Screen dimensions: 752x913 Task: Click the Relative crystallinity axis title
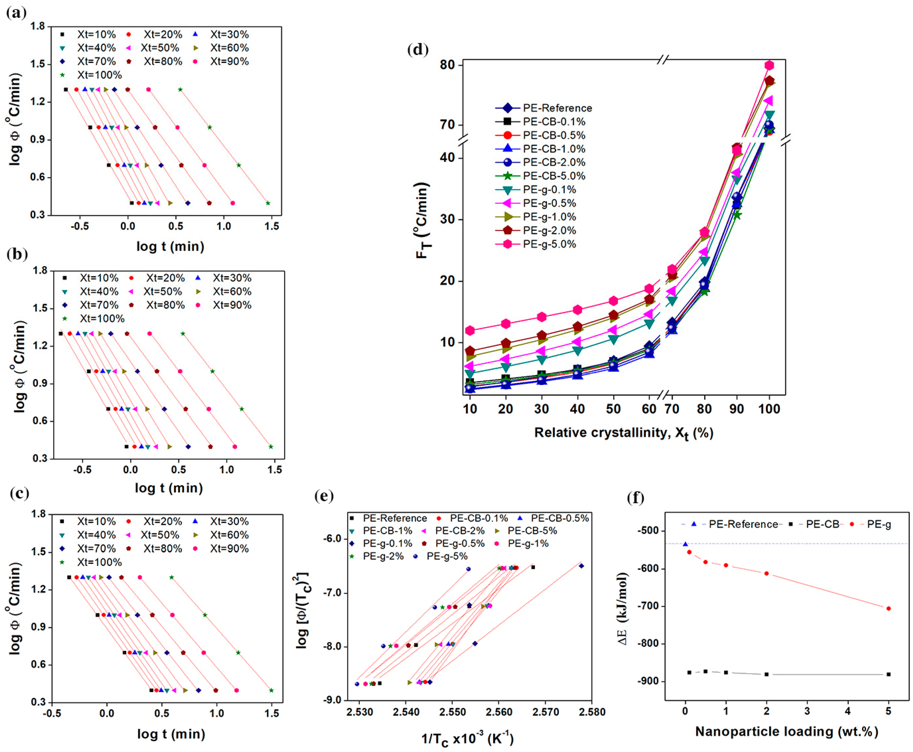[624, 433]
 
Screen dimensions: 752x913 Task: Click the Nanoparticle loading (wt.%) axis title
[787, 732]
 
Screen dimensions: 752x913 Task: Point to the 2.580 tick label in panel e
[592, 712]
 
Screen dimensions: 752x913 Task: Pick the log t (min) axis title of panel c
[171, 734]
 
